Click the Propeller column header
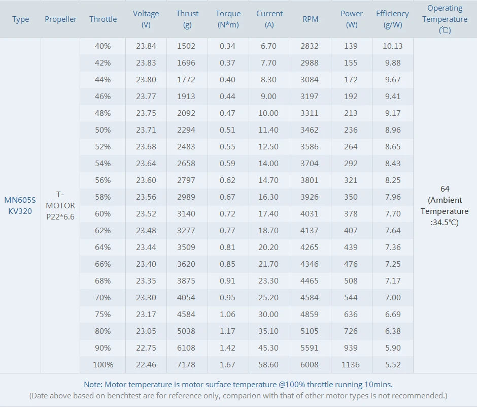point(60,19)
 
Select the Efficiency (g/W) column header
point(392,19)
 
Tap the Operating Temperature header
point(445,19)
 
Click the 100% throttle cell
point(103,364)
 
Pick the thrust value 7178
point(186,364)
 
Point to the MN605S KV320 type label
point(20,205)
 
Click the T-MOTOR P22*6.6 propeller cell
point(60,205)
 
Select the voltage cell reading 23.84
point(146,46)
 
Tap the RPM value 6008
point(310,364)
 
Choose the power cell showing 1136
point(351,364)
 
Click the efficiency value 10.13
point(392,46)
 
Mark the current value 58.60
point(268,364)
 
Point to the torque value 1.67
point(228,364)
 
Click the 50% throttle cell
point(103,130)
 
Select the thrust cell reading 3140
point(186,213)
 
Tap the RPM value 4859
point(310,314)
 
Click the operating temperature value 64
point(445,189)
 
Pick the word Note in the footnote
point(93,384)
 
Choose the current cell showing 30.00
point(268,314)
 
